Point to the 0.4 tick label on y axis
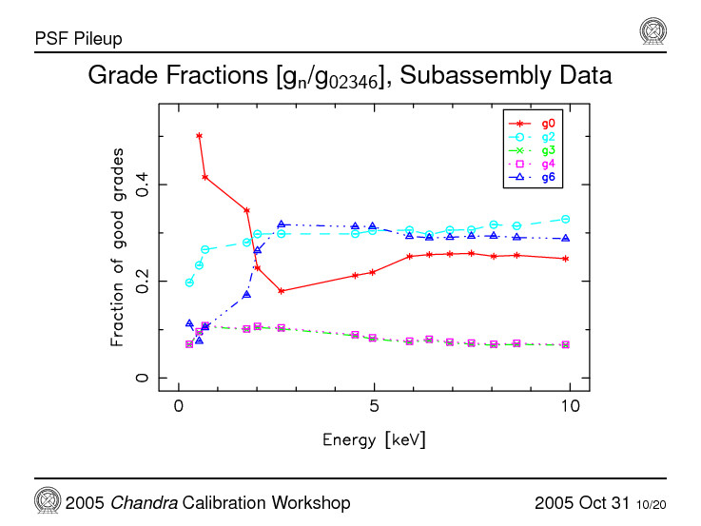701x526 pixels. tap(142, 185)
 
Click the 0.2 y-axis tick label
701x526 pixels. tap(142, 282)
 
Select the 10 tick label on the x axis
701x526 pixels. tap(570, 407)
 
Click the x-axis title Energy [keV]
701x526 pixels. tap(374, 439)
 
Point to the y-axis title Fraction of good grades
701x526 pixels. tap(117, 246)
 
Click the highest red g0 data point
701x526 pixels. tap(199, 136)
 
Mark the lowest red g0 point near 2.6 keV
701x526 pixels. tap(282, 291)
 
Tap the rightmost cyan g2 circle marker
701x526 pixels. tap(566, 219)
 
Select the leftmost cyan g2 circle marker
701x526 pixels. tap(189, 282)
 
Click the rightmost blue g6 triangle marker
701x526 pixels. tap(566, 239)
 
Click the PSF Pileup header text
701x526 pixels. tap(78, 39)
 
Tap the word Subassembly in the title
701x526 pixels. tap(458, 75)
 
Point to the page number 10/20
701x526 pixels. tap(652, 503)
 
